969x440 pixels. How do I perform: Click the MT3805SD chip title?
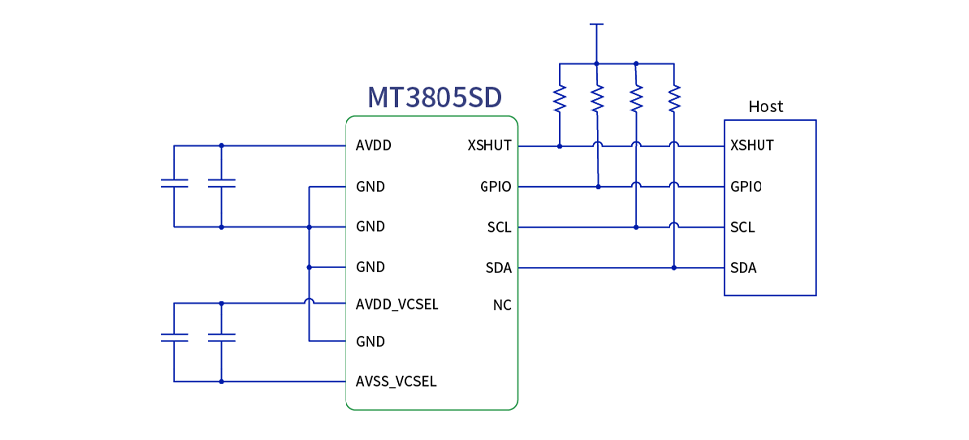tap(435, 97)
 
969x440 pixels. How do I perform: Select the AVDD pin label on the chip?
tap(374, 146)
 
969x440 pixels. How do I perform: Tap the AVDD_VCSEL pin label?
tap(397, 304)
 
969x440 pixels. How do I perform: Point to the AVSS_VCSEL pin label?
tap(396, 381)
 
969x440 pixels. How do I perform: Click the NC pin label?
tap(502, 305)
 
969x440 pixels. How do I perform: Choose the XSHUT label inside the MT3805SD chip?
tap(489, 146)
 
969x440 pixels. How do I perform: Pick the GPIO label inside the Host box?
tap(746, 186)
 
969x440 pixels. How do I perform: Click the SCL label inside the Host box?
tap(743, 227)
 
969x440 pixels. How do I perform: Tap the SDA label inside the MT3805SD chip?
tap(498, 267)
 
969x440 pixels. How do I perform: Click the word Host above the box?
tap(765, 107)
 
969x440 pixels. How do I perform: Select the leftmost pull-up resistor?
tap(559, 98)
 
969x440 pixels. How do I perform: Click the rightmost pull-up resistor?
tap(673, 98)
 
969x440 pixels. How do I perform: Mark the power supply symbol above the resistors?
tap(596, 25)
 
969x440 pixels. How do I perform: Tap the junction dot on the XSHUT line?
tap(559, 146)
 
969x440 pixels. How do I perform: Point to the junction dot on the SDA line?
tap(673, 267)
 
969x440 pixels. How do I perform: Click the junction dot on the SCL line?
tap(635, 227)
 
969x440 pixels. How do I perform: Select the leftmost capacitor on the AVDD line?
tap(173, 183)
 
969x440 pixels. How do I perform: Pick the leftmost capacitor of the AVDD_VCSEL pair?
tap(173, 337)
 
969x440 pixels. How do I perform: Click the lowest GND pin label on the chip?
tap(370, 342)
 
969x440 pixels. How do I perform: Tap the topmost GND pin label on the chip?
tap(370, 186)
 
